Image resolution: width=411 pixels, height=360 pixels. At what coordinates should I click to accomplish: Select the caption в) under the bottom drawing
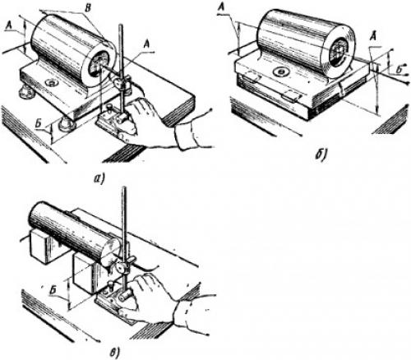[114, 353]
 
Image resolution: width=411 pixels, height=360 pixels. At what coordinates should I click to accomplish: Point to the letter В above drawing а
[87, 8]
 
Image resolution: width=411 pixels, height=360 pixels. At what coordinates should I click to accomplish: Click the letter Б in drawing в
[54, 291]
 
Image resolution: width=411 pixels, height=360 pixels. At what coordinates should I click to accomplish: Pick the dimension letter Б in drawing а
[39, 123]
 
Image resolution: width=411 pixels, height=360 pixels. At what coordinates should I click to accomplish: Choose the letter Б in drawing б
[400, 70]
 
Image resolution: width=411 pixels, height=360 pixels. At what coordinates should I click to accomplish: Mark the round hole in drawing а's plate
[52, 82]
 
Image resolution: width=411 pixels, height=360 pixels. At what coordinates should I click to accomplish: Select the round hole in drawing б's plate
[281, 72]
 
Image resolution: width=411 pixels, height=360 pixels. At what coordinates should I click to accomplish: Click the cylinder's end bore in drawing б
[339, 52]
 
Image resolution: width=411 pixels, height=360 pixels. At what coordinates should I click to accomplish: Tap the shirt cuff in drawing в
[189, 312]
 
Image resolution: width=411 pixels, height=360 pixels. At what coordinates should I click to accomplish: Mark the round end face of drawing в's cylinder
[111, 252]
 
